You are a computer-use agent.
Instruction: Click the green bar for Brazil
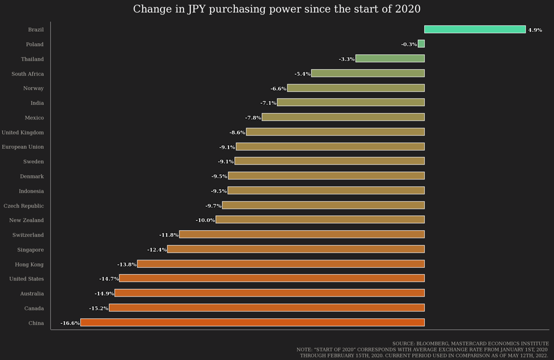pos(474,29)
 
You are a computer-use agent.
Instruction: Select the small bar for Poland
pos(421,44)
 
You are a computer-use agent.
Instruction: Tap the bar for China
pos(252,322)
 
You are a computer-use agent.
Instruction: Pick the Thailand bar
pos(390,58)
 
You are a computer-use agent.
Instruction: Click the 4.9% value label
pos(535,30)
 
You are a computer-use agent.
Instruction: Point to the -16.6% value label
pos(70,323)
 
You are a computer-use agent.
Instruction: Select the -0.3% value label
pos(409,44)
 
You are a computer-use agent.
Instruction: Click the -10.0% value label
pos(205,220)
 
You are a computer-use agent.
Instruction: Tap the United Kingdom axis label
pos(23,133)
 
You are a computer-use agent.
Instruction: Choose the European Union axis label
pos(23,147)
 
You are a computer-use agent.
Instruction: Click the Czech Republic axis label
pos(24,206)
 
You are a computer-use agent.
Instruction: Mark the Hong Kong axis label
pos(29,264)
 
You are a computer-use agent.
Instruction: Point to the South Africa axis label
pos(28,74)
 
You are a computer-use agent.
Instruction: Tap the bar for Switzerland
pos(302,234)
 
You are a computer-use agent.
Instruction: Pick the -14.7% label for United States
pos(108,279)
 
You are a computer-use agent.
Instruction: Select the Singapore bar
pos(295,249)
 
